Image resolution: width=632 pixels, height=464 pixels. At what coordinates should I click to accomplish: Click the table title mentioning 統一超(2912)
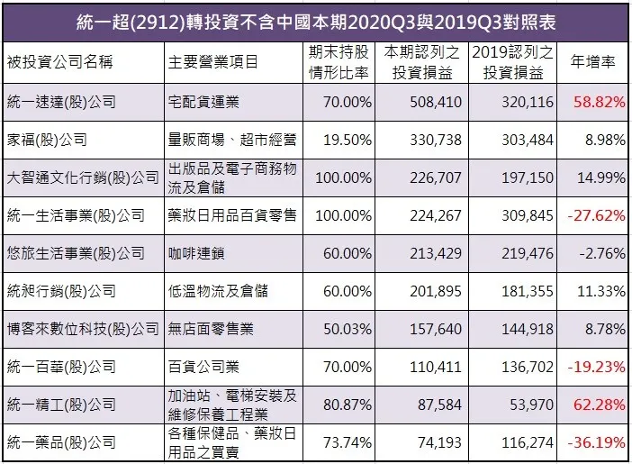click(x=315, y=21)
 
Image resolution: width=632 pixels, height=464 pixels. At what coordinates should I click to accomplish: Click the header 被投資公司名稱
click(x=56, y=62)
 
